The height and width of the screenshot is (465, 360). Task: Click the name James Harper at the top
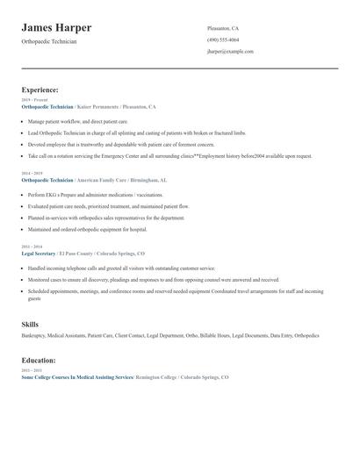click(56, 28)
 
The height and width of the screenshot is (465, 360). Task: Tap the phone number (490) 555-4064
click(223, 39)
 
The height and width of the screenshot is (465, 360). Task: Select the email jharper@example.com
click(230, 52)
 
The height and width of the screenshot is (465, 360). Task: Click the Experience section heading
click(40, 89)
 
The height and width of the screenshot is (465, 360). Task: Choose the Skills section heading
click(30, 325)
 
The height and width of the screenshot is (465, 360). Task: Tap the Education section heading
click(39, 360)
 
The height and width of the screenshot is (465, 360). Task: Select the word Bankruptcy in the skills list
click(34, 335)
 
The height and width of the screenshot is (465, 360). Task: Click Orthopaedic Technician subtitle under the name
click(49, 41)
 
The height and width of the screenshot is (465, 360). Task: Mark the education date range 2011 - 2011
click(31, 370)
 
